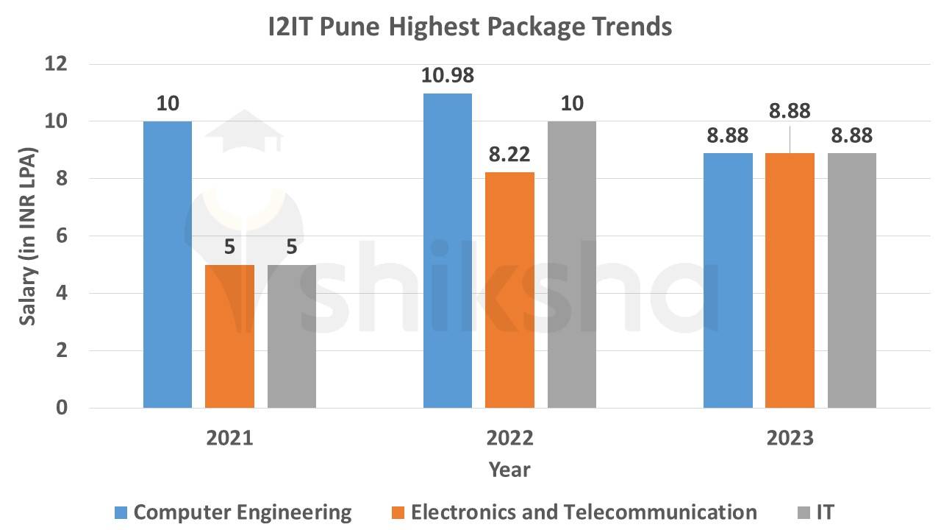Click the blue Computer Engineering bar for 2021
(x=168, y=264)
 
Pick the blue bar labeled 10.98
(x=447, y=250)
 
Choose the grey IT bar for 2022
(x=572, y=264)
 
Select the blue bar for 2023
(x=728, y=280)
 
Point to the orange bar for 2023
(x=790, y=280)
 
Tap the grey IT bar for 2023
(x=852, y=280)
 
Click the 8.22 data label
(x=509, y=155)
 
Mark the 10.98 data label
(x=447, y=76)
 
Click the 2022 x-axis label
(x=510, y=438)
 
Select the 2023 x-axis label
(x=790, y=438)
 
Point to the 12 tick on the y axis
(x=57, y=64)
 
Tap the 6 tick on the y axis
(x=62, y=236)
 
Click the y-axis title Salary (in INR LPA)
(x=28, y=236)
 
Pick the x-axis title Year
(x=510, y=469)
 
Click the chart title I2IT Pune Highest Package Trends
(x=470, y=27)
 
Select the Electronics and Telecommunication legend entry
(x=573, y=512)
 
